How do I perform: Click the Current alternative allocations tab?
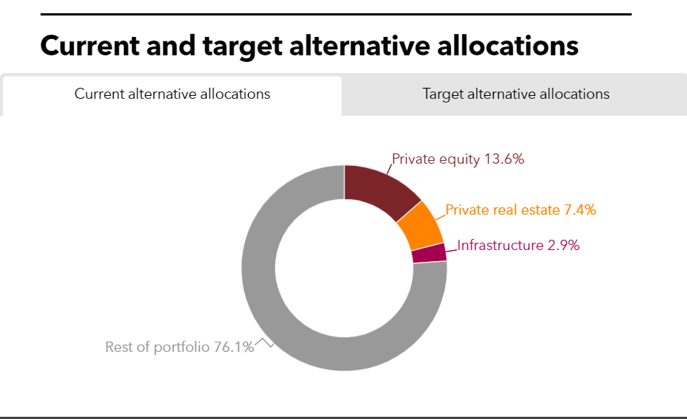click(172, 94)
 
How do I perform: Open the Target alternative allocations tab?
click(516, 94)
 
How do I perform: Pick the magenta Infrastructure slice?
click(429, 253)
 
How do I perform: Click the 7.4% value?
click(580, 210)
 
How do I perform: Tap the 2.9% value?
click(563, 246)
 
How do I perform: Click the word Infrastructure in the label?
click(500, 246)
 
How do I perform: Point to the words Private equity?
click(435, 159)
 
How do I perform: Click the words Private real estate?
click(503, 210)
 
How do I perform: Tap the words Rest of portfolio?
click(158, 347)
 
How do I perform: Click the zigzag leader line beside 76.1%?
click(264, 342)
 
